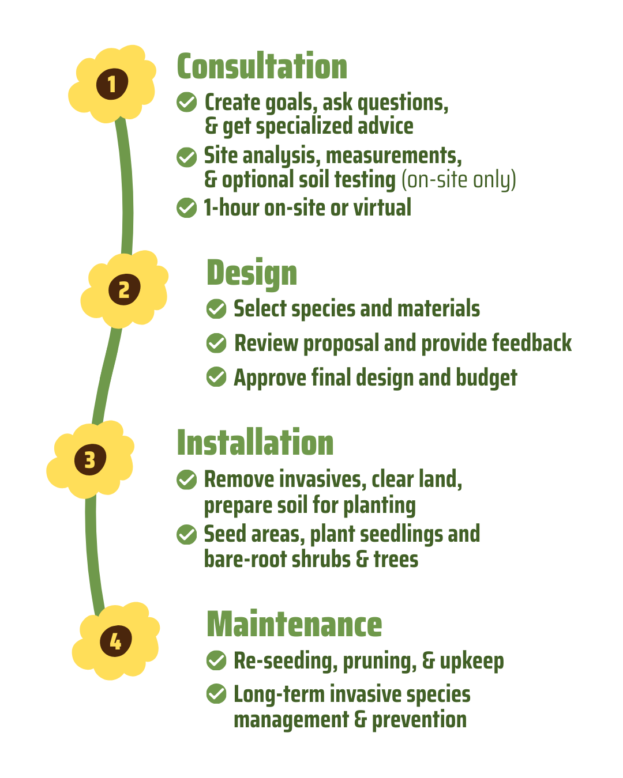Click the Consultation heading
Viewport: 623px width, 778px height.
[262, 67]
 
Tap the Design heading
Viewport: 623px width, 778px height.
[252, 273]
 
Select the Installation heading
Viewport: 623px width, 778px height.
[255, 443]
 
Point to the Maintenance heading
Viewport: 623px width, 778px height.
[294, 625]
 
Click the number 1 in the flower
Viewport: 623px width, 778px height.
[111, 84]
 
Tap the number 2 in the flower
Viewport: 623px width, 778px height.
[124, 290]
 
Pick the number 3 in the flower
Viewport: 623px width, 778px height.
[90, 460]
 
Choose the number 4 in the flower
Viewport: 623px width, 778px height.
[116, 641]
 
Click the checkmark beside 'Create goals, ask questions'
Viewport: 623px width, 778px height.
[186, 103]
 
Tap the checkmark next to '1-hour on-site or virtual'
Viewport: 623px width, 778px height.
[186, 208]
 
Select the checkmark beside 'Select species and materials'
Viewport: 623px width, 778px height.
[216, 309]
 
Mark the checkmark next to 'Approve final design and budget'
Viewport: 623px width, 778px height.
[216, 377]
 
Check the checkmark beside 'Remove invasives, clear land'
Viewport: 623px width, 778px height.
[186, 479]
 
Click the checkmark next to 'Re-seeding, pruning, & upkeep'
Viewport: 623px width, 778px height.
[216, 660]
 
